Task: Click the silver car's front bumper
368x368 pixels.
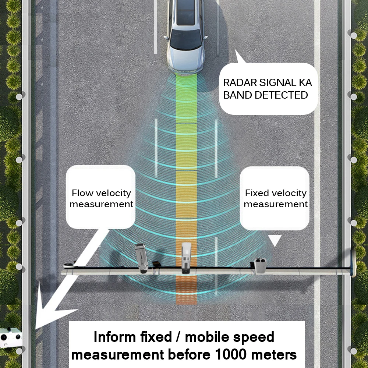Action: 185,68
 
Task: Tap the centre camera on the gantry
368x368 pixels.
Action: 186,258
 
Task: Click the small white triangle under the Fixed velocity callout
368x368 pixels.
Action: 274,241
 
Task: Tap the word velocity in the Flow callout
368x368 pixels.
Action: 113,193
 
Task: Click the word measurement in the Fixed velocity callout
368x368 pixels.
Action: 276,204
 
